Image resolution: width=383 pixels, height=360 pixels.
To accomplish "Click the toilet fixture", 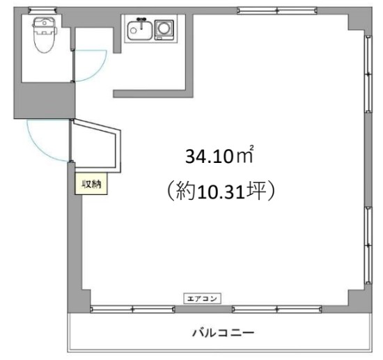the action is (x=45, y=34).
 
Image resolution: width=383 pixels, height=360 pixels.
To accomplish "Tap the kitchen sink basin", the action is (x=140, y=31).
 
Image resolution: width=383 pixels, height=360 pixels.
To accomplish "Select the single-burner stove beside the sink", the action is (x=164, y=30).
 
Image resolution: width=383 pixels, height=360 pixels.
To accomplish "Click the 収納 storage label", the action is (x=91, y=184).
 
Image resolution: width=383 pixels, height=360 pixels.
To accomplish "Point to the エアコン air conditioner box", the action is (x=202, y=299).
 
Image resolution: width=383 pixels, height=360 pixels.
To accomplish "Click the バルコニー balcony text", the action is (x=224, y=333).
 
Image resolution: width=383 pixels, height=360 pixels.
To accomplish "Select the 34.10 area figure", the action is (x=209, y=156).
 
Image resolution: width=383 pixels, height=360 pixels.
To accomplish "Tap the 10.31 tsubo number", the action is (x=221, y=191).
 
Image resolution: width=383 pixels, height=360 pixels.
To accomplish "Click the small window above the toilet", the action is (x=42, y=10).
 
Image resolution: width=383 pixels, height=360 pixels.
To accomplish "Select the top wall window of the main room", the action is (x=277, y=10).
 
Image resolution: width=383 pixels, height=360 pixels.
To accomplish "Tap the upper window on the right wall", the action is (x=368, y=74).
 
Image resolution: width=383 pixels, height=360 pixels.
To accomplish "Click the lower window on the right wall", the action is (x=368, y=245).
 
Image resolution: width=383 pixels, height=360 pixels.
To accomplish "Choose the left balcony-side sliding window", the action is (x=132, y=309).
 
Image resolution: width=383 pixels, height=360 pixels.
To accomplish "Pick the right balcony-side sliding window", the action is (x=277, y=309).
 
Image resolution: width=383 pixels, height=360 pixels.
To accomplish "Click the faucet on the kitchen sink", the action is (x=141, y=23).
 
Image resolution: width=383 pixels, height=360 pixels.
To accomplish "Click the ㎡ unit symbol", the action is (x=244, y=155).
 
